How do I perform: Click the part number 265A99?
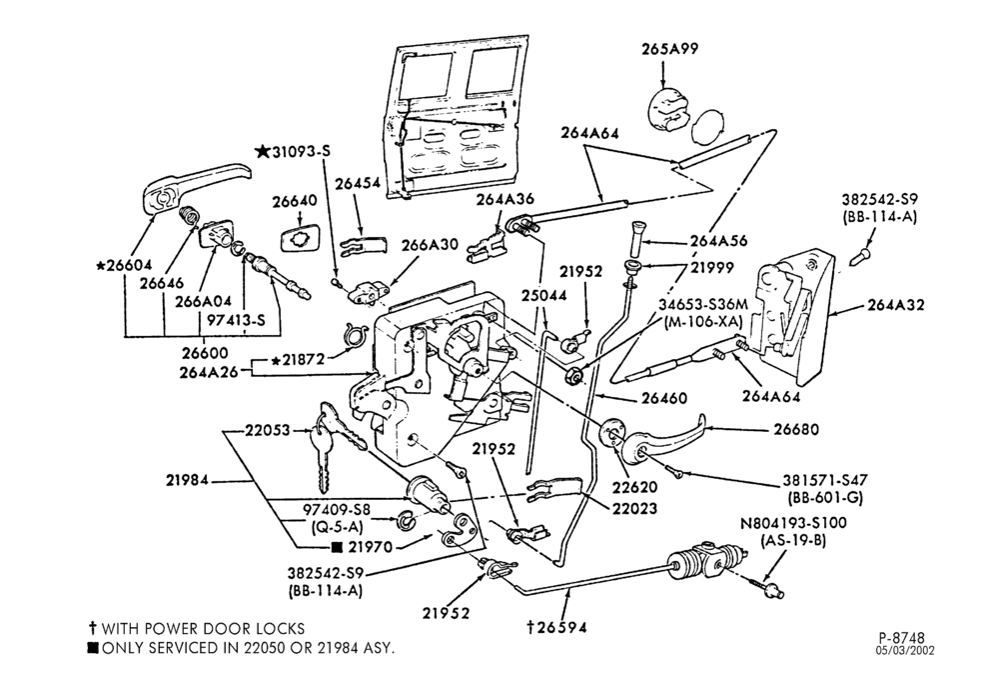pyautogui.click(x=669, y=49)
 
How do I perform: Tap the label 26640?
pyautogui.click(x=295, y=201)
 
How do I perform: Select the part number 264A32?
pyautogui.click(x=895, y=305)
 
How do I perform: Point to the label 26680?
pyautogui.click(x=796, y=429)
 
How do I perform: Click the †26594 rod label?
pyautogui.click(x=556, y=627)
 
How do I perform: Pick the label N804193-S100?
pyautogui.click(x=793, y=523)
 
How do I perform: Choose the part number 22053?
pyautogui.click(x=268, y=430)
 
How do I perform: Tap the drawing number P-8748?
pyautogui.click(x=901, y=637)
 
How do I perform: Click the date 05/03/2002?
pyautogui.click(x=905, y=650)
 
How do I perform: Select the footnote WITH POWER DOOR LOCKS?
pyautogui.click(x=197, y=629)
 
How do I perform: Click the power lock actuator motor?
pyautogui.click(x=704, y=560)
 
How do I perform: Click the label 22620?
pyautogui.click(x=635, y=487)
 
